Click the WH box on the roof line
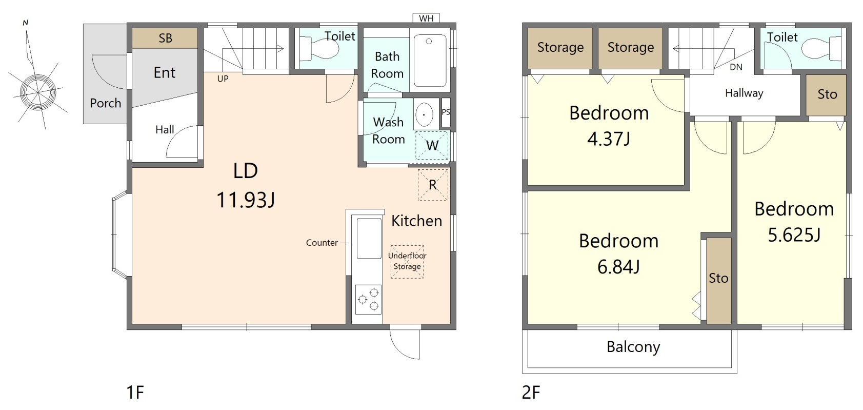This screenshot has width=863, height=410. coord(426,18)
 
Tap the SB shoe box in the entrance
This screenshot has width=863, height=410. coord(165,38)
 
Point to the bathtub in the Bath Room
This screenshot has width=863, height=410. coord(430,61)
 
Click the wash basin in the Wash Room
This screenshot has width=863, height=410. coord(424,114)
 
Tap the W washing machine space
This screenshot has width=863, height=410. coord(432,145)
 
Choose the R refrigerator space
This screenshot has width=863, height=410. coord(433,185)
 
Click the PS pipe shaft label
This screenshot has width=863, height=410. coord(446,112)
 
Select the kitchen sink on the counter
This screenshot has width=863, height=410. coord(369,238)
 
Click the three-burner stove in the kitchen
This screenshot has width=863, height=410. coord(368,299)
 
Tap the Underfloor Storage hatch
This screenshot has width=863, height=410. coord(407,262)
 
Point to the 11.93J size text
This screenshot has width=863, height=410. coord(246,200)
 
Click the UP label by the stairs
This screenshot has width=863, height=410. coord(223,79)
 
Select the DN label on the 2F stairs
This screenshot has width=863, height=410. coord(736,67)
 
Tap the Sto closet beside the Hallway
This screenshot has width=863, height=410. coord(826,95)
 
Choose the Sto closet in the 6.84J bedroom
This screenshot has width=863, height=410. coord(718,281)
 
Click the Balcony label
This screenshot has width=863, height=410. coord(633,347)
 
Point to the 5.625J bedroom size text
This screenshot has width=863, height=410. coord(794,235)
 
